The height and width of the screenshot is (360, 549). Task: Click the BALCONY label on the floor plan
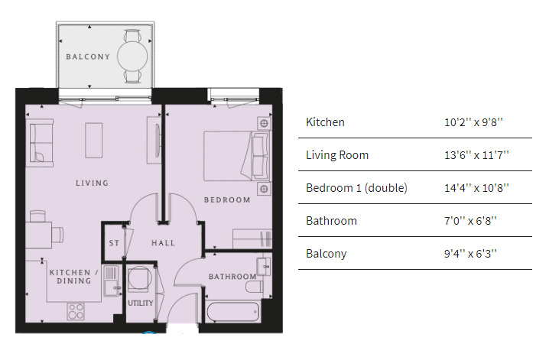point(88,57)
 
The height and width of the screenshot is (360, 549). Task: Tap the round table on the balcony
point(132,57)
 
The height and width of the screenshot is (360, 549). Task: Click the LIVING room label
point(92,183)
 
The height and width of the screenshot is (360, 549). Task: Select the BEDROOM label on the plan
point(227,199)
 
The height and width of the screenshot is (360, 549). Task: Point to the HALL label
point(163,243)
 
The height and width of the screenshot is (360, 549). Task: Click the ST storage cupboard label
point(114,243)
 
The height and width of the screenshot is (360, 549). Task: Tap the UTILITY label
point(141,303)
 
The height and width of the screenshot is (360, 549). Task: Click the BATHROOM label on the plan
point(232,277)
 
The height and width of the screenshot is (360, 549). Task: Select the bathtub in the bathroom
point(233,311)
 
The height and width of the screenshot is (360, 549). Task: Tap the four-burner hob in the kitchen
point(76,311)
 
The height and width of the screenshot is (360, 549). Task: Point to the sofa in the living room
point(41,143)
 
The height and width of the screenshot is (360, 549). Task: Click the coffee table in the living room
point(94,141)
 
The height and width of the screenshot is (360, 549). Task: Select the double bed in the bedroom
point(237,156)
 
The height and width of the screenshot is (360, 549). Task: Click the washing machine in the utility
point(138,279)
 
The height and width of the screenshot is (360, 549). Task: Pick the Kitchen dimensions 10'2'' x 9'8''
point(473,122)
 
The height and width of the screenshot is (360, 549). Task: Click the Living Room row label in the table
point(337,155)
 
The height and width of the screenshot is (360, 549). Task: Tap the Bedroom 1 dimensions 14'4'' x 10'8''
point(476,188)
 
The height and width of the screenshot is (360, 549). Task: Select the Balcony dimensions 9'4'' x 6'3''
point(470,254)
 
